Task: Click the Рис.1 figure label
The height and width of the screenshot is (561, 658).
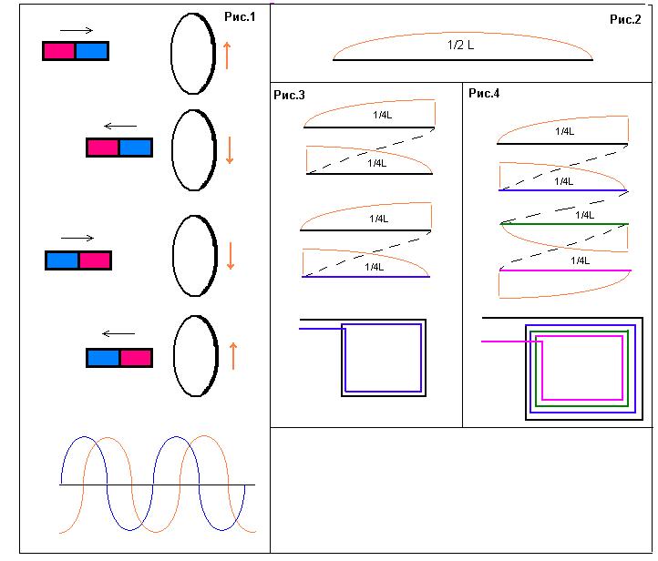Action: point(241,17)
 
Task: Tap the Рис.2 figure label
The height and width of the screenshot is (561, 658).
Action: point(626,19)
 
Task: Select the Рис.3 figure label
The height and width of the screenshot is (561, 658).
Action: point(289,95)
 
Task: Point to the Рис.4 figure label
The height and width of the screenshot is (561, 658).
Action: point(484,93)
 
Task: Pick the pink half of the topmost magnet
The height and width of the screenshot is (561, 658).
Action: point(59,51)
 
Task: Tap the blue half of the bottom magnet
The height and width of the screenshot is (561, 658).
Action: point(103,357)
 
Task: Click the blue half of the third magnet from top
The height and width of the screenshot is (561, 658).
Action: point(62,260)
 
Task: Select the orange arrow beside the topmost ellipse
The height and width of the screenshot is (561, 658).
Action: point(226,55)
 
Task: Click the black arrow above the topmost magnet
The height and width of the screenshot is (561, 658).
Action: point(76,30)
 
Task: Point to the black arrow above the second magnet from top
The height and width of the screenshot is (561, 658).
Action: point(119,126)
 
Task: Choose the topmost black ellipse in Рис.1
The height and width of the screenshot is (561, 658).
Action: point(191,53)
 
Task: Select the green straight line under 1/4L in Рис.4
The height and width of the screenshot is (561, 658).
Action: point(564,223)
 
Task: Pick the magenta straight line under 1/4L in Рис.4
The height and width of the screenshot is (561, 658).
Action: point(564,270)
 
